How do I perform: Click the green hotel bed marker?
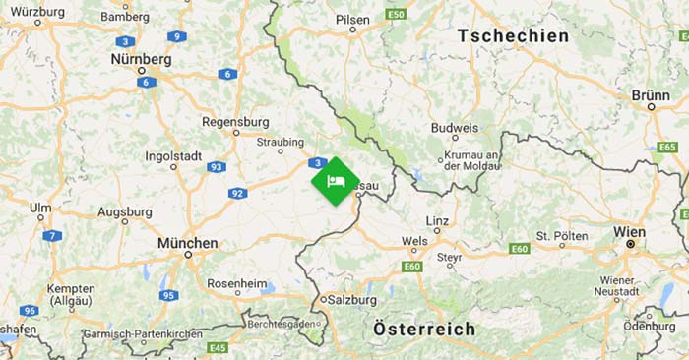335,181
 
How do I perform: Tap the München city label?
187,242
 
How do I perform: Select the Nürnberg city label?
141,59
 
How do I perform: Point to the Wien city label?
629,232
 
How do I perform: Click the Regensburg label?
234,122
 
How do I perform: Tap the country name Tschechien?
513,35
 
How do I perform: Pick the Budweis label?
455,128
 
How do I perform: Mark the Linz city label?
438,220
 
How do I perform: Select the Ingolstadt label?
173,155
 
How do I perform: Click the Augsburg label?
125,211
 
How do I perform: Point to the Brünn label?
651,95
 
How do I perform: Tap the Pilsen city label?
352,19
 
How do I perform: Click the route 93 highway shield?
216,167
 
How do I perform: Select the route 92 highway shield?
237,193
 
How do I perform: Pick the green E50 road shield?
396,15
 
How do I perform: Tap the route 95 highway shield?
169,295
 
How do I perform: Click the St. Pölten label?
562,236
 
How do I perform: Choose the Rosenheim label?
236,284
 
